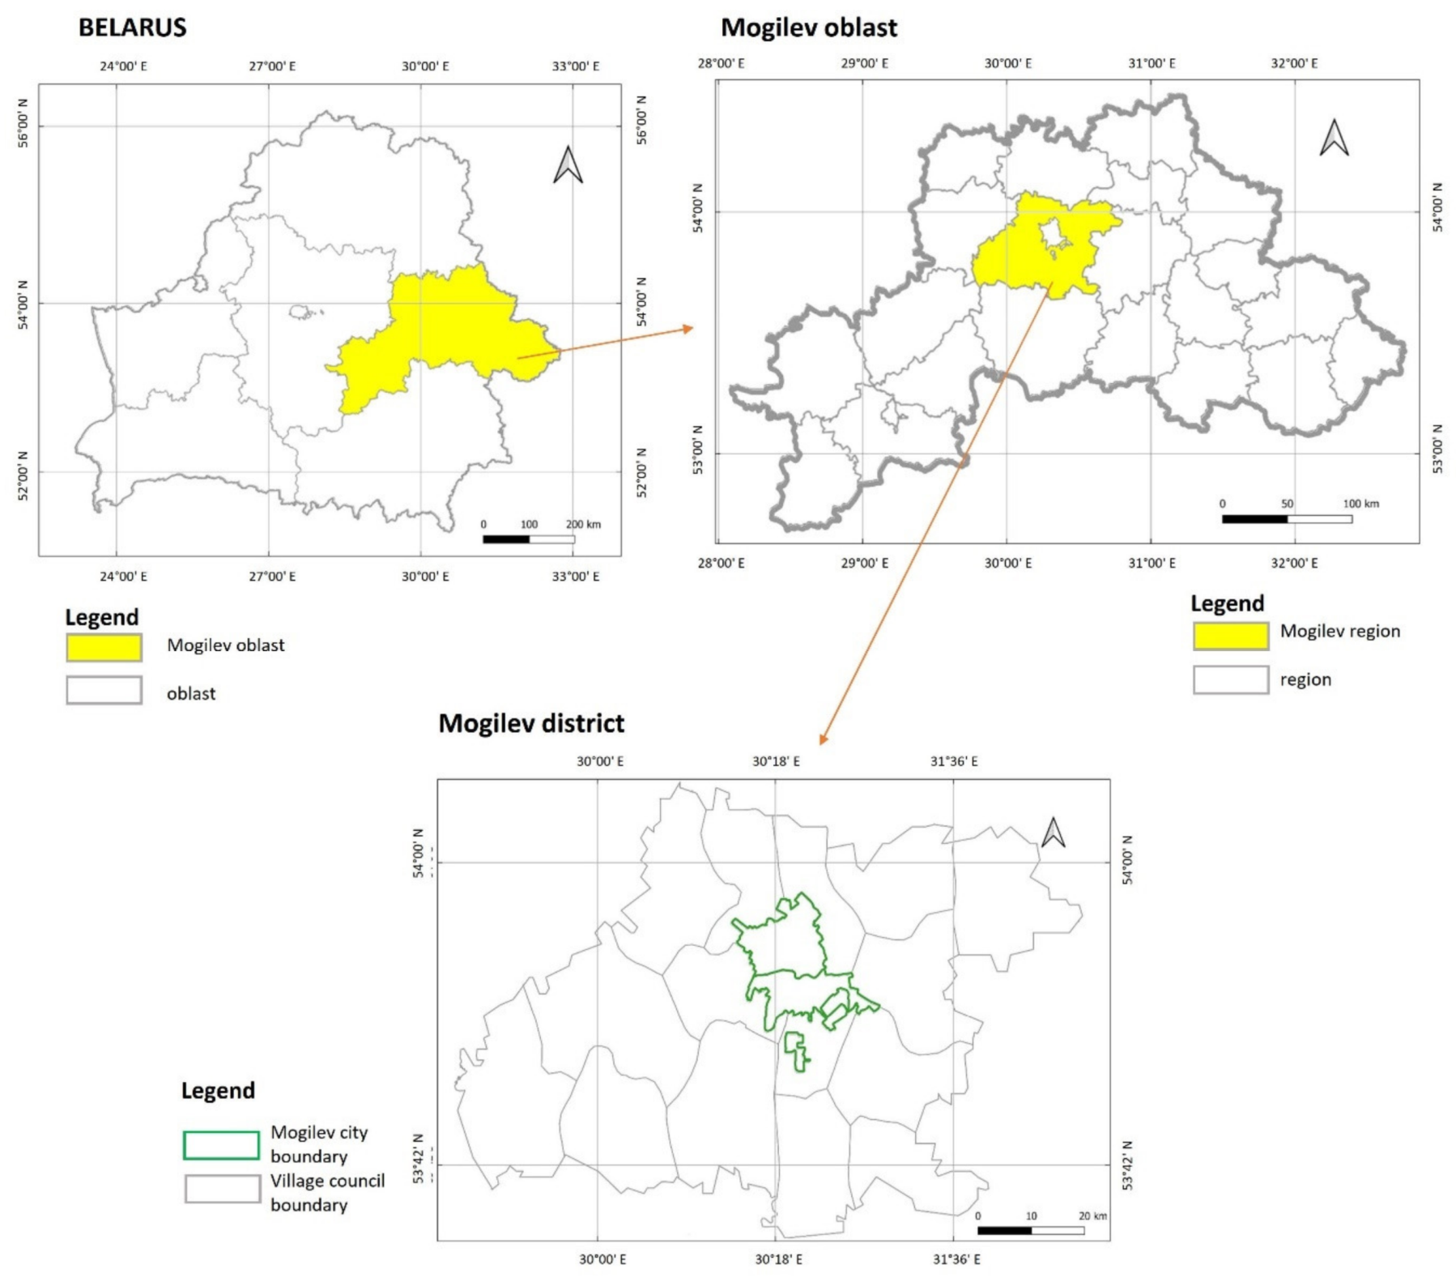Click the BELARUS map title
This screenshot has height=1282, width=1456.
tap(132, 28)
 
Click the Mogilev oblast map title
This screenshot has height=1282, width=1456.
tap(808, 28)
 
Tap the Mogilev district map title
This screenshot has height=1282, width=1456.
tap(531, 723)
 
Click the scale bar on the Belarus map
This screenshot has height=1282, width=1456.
tap(529, 539)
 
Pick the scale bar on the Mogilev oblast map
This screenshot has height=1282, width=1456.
tap(1287, 518)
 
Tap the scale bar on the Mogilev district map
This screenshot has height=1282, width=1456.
tap(1031, 1230)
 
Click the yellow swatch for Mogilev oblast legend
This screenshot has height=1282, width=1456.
tap(104, 647)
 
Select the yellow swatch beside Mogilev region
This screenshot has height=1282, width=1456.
tap(1230, 636)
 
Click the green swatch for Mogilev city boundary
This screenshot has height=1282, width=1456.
tap(221, 1145)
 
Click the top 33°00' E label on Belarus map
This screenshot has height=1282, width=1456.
tap(576, 66)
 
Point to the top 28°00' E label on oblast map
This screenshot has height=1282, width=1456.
tap(722, 63)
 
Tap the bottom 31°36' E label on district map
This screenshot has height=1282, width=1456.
tap(956, 1259)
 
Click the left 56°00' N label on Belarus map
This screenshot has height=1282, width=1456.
tap(23, 123)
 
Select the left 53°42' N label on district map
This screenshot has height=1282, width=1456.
tap(419, 1159)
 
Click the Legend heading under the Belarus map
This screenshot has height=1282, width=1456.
tap(102, 617)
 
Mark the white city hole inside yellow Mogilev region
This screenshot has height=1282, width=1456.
tap(1054, 234)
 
